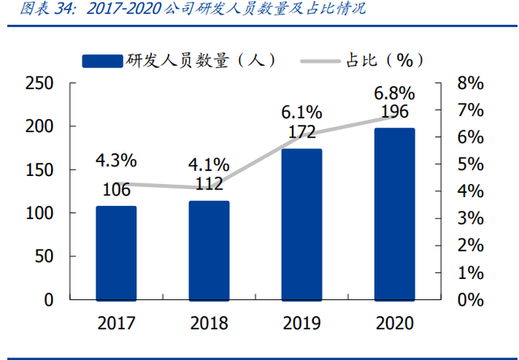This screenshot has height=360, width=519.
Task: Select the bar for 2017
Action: [x=116, y=253]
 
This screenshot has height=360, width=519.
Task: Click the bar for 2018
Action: [x=209, y=251]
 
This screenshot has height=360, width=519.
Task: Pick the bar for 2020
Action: [x=395, y=214]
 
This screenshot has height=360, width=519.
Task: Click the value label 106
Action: [x=116, y=191]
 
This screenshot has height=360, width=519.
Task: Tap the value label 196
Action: [x=395, y=111]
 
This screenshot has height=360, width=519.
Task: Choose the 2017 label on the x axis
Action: [x=116, y=324]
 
